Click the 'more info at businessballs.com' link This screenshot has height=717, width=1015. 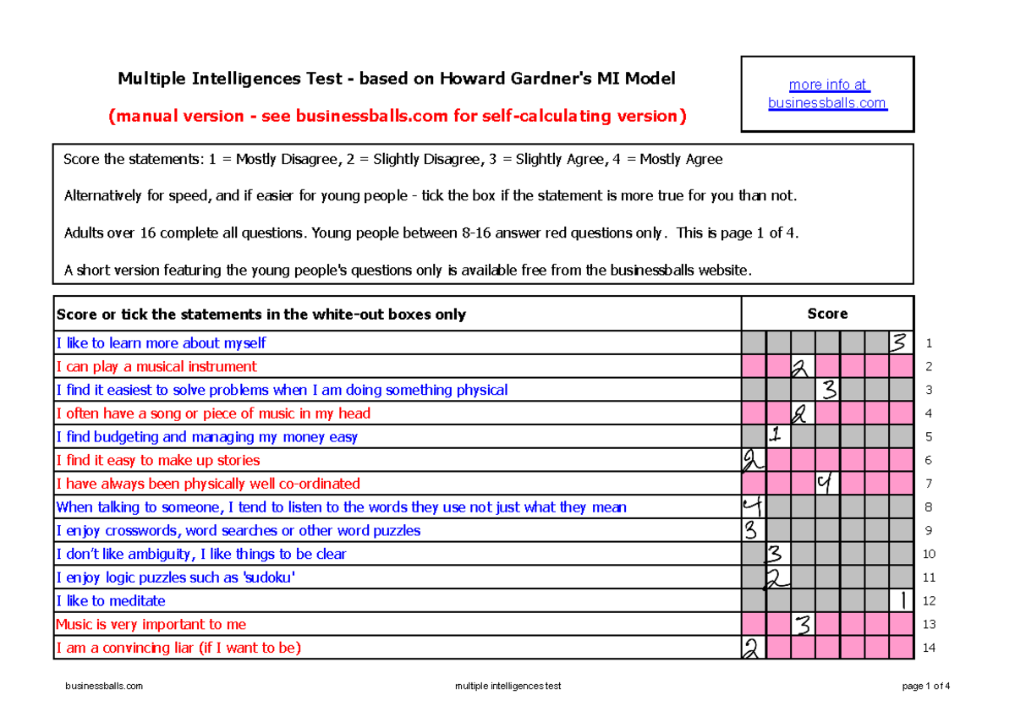tap(826, 94)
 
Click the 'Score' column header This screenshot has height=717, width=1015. tap(826, 314)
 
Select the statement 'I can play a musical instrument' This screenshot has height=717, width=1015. tap(156, 367)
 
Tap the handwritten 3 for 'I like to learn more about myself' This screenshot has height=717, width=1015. tap(901, 343)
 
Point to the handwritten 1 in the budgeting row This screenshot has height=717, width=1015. tap(777, 436)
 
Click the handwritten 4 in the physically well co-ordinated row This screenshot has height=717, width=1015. tap(826, 484)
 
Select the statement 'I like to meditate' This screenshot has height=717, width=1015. tap(111, 601)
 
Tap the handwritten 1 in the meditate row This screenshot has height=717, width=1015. tap(903, 601)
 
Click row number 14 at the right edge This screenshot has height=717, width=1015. tap(929, 649)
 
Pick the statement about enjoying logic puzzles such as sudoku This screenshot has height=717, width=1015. tap(175, 577)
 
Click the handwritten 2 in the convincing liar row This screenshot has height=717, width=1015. tap(752, 649)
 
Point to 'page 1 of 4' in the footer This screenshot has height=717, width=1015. tap(926, 687)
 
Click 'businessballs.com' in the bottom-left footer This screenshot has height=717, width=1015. tap(104, 687)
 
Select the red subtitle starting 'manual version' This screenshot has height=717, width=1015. tap(397, 116)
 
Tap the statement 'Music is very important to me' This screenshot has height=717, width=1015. tap(151, 625)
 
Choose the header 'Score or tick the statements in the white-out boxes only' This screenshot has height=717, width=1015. tap(261, 315)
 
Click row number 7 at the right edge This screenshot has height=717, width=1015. tap(929, 484)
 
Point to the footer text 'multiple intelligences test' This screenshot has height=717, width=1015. tap(507, 687)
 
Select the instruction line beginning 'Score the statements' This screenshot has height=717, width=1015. tap(393, 160)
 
